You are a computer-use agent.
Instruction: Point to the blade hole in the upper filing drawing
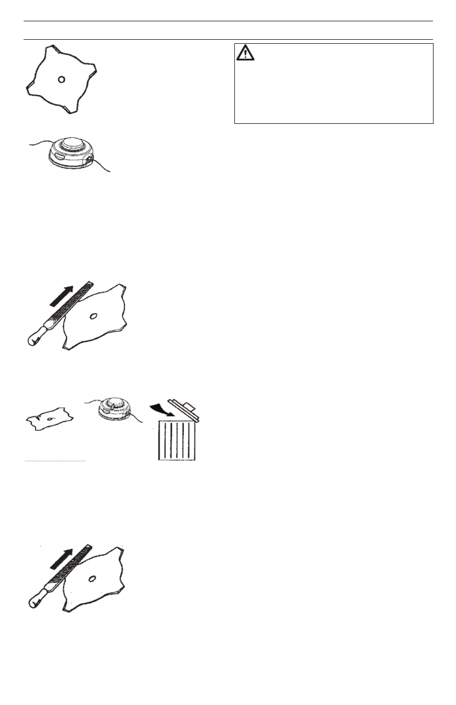(93, 315)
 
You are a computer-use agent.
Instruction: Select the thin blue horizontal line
(55, 461)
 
